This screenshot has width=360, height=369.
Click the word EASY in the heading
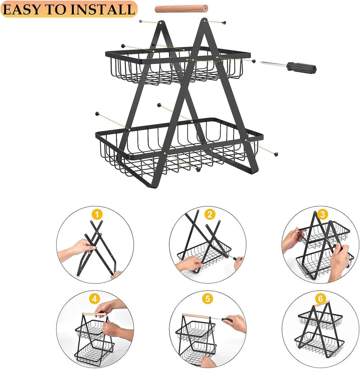click(x=22, y=9)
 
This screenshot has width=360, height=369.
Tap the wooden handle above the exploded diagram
click(x=180, y=8)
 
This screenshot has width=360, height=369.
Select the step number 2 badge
click(x=209, y=214)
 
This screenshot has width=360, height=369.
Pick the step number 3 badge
click(x=321, y=214)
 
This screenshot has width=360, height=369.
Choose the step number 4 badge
click(x=94, y=298)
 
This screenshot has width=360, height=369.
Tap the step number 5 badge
click(x=207, y=298)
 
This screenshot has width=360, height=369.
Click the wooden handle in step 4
click(x=94, y=314)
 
